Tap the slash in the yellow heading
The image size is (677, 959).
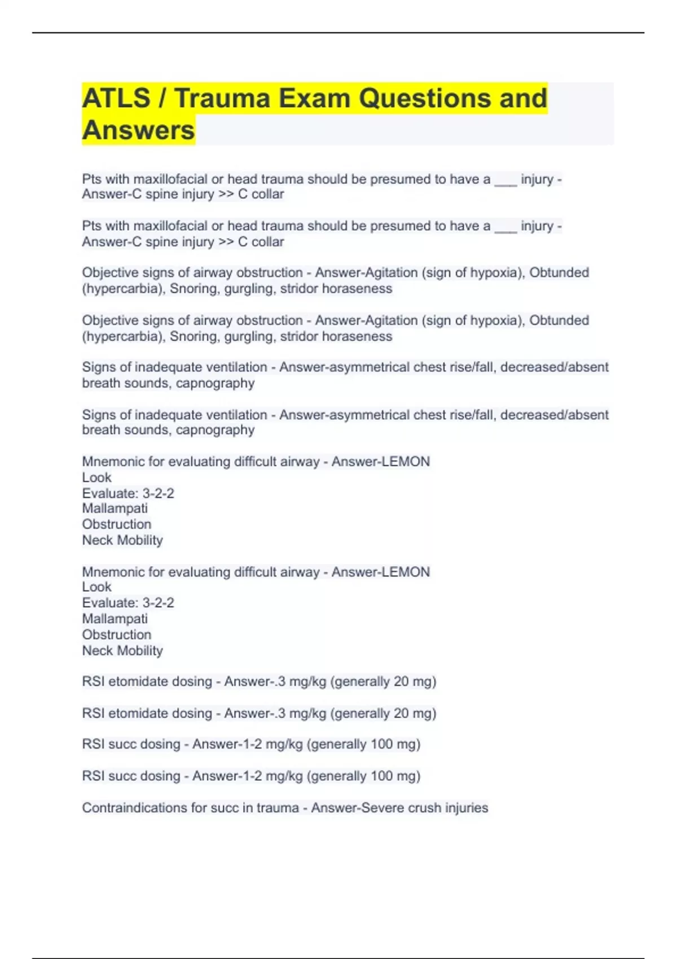[162, 98]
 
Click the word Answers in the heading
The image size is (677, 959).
[138, 130]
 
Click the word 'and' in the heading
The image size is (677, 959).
[523, 98]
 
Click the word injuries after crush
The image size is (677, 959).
[467, 808]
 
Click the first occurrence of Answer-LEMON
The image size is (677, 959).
[381, 461]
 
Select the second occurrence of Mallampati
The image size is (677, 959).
[115, 619]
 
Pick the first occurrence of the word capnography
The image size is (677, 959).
[215, 383]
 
